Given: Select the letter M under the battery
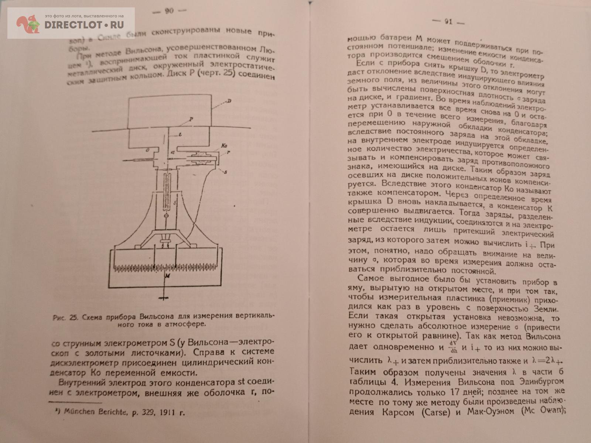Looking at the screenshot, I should tap(168, 276).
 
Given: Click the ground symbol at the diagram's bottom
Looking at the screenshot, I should tap(163, 298).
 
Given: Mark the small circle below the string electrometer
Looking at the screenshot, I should tap(166, 216).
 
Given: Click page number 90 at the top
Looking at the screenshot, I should tap(169, 11).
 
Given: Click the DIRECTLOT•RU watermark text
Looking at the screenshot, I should tap(84, 25).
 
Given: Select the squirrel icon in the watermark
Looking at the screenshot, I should tap(28, 24).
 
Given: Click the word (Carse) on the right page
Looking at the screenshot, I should tap(436, 412).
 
